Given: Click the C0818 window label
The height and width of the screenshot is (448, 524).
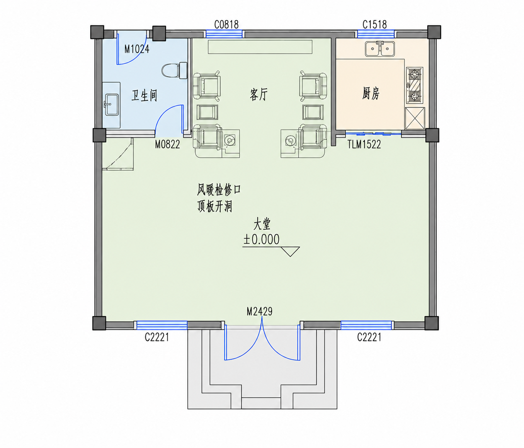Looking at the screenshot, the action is coord(226,25).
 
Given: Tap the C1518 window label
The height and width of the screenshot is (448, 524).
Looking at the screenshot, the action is coord(374,25).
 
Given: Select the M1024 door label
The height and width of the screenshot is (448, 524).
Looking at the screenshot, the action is coord(137,49).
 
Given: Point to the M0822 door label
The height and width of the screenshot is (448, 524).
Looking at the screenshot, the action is coord(167,145).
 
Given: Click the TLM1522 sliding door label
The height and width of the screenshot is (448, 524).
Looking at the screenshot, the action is coord(364,145).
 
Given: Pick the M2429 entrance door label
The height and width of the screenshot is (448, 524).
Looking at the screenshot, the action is coord(259,312).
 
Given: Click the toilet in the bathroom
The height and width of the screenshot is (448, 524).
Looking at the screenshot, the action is coord(174,70).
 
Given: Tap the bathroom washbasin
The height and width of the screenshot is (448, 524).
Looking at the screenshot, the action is coord(111,105).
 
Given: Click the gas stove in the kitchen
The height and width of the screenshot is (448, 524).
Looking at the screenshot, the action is coord(415,85).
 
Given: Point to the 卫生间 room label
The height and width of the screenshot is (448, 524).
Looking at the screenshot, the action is coord(144,95).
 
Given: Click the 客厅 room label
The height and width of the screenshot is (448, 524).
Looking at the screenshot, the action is coord(259,95).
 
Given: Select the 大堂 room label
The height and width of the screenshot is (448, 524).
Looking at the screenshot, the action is coord(262,224).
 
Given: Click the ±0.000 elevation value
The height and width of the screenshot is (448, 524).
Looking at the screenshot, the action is coord(261,239).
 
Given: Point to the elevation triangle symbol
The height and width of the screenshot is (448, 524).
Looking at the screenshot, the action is coord(290,252).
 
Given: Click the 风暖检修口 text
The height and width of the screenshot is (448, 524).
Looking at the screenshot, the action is coord(219,190).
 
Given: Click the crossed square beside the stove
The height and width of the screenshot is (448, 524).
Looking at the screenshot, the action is coord(415,118).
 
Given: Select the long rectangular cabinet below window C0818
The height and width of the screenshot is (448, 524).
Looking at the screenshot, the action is coord(260,47).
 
